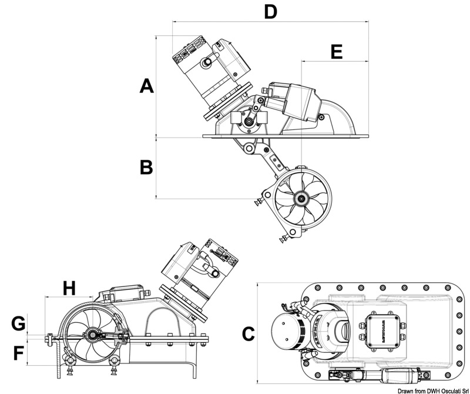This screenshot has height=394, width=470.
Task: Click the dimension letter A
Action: coord(146,86)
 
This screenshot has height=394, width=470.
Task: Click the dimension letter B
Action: coord(146,167)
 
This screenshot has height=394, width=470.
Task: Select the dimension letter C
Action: coord(248,334)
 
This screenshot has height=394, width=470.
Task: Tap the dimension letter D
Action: coord(270,11)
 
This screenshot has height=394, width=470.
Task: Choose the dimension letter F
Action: coord(19,353)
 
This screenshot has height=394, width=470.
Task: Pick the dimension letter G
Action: coord(19,323)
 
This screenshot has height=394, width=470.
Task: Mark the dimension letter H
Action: coord(69,288)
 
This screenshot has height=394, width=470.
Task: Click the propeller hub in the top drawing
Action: coord(301,199)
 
